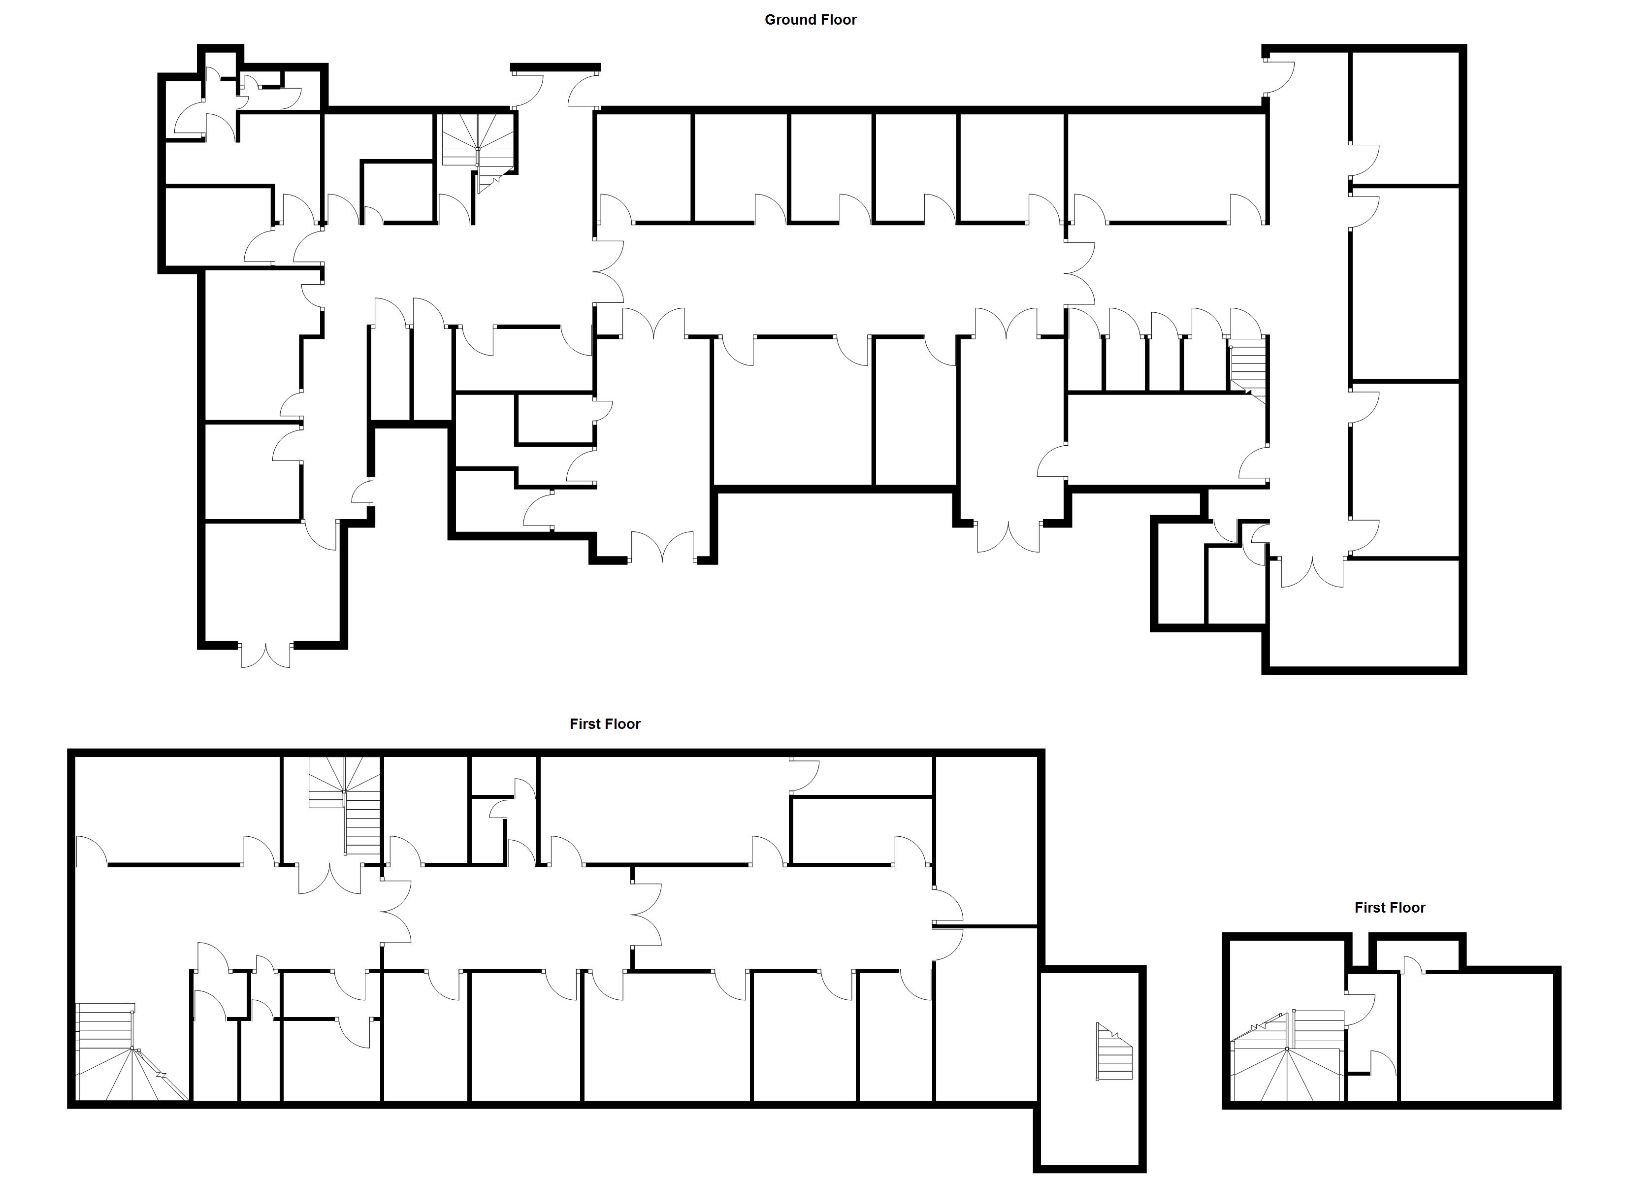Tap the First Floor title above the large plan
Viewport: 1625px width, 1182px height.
click(x=605, y=724)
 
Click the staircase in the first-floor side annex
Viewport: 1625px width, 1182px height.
click(x=1114, y=1052)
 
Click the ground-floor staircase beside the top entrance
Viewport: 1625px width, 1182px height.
click(x=479, y=147)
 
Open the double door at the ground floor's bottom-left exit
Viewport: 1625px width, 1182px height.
click(x=266, y=656)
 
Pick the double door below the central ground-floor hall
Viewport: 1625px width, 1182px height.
click(x=663, y=548)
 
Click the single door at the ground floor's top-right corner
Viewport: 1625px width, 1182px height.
click(x=1279, y=77)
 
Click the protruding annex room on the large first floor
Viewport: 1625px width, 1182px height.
click(x=1089, y=1068)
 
